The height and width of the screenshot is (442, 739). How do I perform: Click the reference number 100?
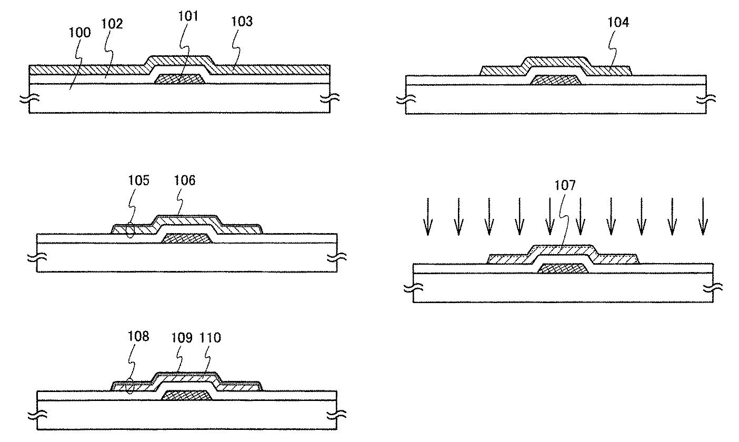(79, 33)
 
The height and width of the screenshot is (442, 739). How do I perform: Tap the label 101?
(188, 16)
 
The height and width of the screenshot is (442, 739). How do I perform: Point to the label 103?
(242, 22)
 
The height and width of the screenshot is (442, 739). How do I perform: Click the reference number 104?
(617, 22)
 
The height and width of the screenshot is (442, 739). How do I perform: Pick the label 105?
(138, 181)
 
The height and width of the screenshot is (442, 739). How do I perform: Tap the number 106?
(185, 181)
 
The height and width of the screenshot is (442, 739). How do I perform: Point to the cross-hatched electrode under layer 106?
(186, 238)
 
